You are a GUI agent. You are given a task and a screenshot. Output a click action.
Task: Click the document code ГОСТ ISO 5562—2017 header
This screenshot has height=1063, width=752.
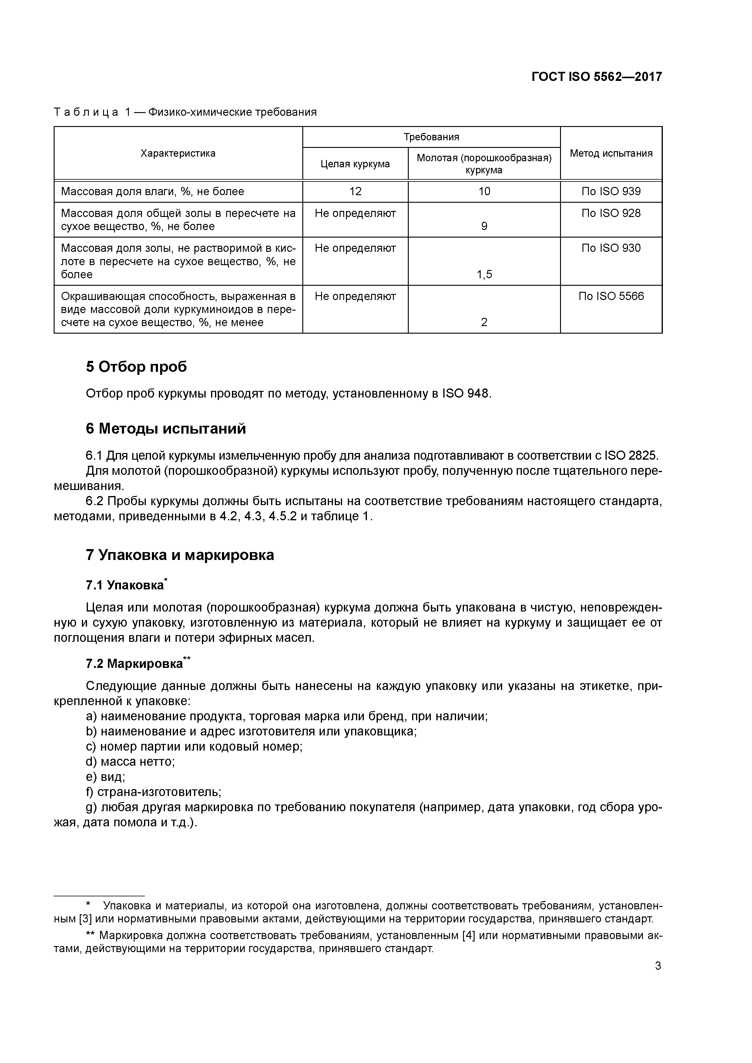tap(596, 77)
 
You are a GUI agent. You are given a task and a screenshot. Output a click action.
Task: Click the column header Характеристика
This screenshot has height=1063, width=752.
tap(178, 153)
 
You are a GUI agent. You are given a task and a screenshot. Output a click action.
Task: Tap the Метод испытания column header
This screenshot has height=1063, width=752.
tap(611, 153)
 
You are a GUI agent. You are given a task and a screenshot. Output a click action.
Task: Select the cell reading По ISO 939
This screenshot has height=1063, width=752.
tap(611, 191)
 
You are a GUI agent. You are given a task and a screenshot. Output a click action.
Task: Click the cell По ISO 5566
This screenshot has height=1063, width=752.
tap(611, 296)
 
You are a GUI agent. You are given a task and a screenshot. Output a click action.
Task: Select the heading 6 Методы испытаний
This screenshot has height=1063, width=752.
tap(166, 429)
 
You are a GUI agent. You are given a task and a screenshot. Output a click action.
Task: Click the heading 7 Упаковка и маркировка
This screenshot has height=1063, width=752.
tap(180, 555)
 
